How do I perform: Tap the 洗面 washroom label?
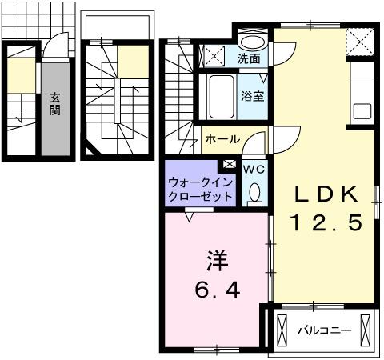(x=248, y=59)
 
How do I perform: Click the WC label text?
(x=254, y=169)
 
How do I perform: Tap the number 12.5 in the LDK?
(x=329, y=221)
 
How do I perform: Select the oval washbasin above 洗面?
(x=254, y=42)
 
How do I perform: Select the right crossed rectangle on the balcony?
(x=366, y=330)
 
